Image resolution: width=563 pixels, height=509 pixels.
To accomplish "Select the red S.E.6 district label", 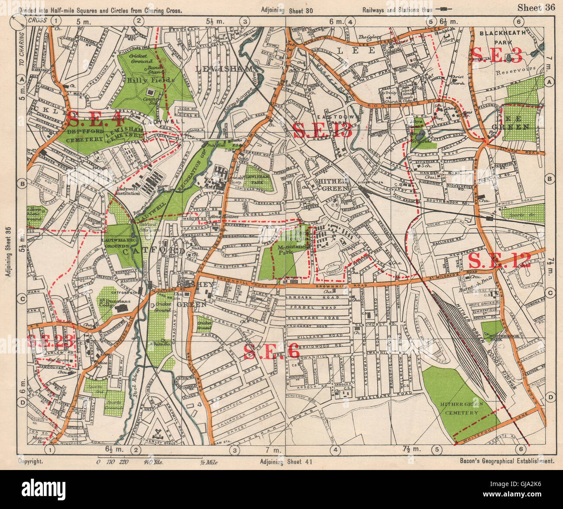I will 271,352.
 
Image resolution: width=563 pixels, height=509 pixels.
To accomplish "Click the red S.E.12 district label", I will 499,261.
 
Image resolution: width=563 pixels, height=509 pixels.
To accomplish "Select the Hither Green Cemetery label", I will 459,408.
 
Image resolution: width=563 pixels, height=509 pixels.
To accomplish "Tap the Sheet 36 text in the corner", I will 536,7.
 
